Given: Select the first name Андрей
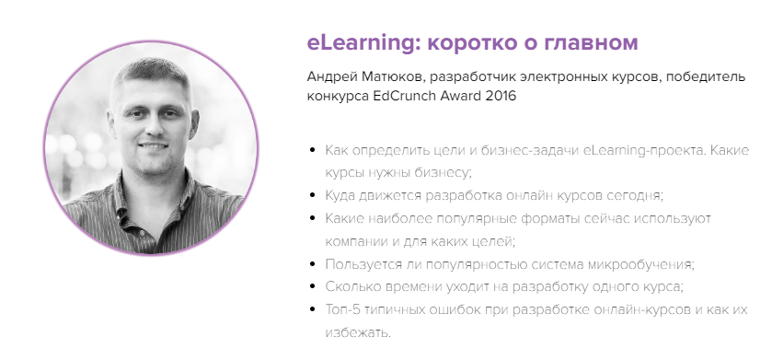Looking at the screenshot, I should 332,76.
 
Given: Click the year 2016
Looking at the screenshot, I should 498,96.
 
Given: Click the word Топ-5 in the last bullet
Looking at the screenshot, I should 343,309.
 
